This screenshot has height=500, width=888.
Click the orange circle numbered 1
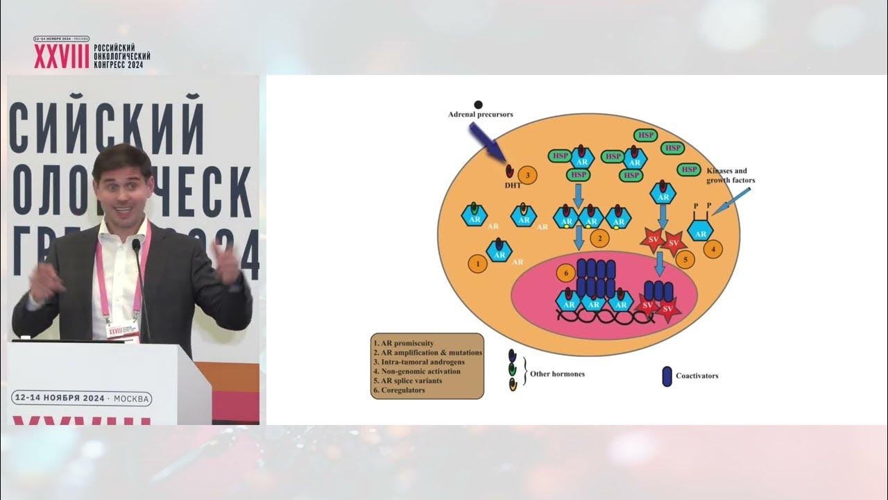click(476, 263)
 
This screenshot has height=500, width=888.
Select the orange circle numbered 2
click(599, 237)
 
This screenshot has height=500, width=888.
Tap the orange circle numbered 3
click(529, 175)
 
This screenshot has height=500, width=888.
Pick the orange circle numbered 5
click(685, 260)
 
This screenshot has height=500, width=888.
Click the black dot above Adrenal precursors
click(478, 105)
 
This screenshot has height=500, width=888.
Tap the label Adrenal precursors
click(480, 115)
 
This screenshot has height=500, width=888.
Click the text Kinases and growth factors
click(731, 176)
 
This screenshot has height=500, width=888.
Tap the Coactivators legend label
click(697, 376)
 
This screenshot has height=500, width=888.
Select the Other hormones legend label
click(557, 374)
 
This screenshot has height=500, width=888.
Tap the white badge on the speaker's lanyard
click(122, 329)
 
